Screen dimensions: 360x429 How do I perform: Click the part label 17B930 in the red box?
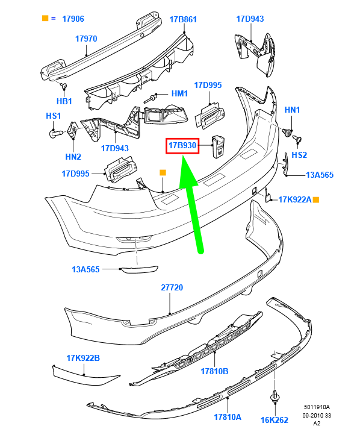pos(182,145)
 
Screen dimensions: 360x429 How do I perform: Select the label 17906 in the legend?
pos(73,19)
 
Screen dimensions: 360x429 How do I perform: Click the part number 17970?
pos(86,39)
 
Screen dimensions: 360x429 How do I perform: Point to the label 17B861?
pos(183,19)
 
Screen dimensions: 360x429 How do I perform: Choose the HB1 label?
pos(64,101)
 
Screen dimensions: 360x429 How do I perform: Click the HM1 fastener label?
pos(179,93)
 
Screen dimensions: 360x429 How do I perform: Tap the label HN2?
pos(73,157)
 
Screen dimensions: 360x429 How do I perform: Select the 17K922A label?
pos(295,199)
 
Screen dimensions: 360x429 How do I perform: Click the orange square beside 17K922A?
pos(315,199)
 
